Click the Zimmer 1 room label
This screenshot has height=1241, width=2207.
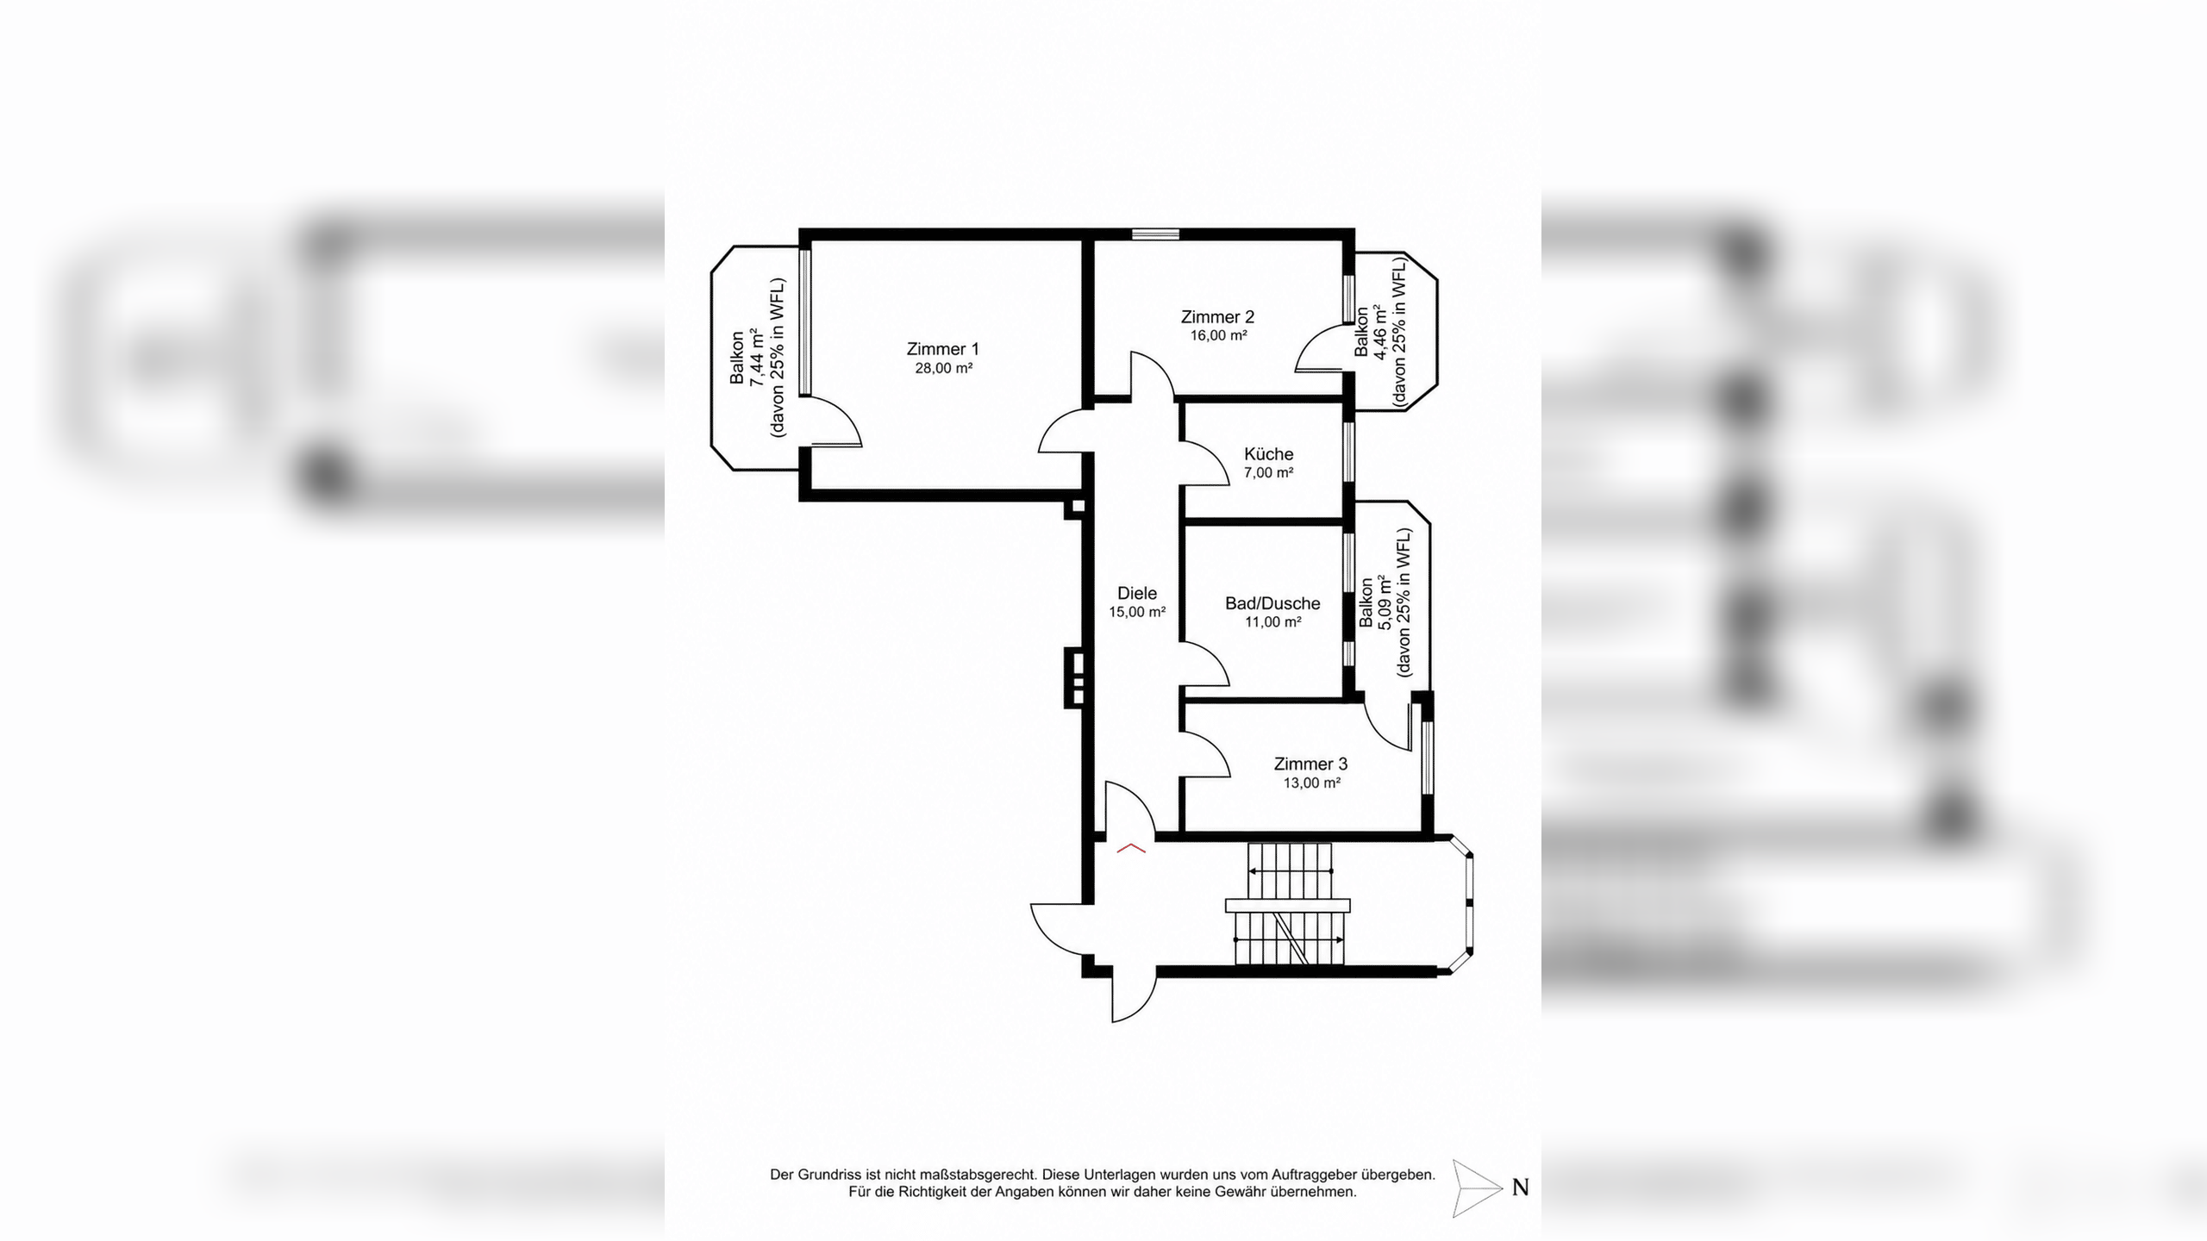[x=942, y=349]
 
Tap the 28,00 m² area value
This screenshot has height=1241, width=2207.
[x=944, y=368]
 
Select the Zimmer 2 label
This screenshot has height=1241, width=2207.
[x=1217, y=317]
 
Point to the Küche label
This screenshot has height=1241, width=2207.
[x=1268, y=453]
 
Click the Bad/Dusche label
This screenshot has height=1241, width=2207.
[x=1272, y=603]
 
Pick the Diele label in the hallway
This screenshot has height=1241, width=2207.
[x=1137, y=593]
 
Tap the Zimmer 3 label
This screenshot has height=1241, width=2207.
[x=1310, y=764]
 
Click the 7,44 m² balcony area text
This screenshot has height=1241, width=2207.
[x=757, y=358]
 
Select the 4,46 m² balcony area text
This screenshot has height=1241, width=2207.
[x=1380, y=331]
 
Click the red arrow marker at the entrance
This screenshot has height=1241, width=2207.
[x=1131, y=849]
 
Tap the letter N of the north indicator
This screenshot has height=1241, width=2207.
[x=1520, y=1188]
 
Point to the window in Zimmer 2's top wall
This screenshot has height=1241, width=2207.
[x=1155, y=234]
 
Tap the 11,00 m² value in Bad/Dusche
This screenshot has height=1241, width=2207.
[x=1272, y=622]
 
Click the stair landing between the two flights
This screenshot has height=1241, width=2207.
[x=1288, y=905]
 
